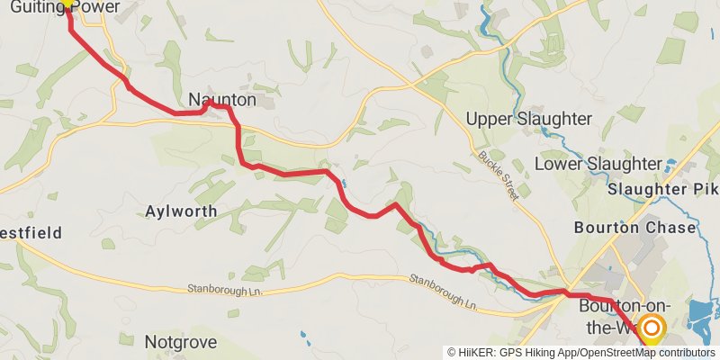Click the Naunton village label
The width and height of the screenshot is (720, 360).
click(222, 100)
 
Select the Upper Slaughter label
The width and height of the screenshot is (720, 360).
click(528, 119)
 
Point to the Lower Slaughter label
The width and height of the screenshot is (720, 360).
click(598, 164)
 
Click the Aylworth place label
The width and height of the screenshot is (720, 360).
click(181, 211)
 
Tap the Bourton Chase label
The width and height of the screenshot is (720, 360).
click(634, 228)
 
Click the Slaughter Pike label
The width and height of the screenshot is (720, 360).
click(664, 190)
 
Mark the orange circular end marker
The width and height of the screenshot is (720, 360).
click(650, 328)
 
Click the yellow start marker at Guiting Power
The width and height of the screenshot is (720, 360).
click(67, 3)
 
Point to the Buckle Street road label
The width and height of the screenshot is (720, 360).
click(499, 174)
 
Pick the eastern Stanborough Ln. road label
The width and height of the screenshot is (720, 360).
click(443, 291)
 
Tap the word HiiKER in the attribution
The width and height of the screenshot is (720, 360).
click(477, 352)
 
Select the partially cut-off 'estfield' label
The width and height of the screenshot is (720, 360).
click(31, 233)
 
